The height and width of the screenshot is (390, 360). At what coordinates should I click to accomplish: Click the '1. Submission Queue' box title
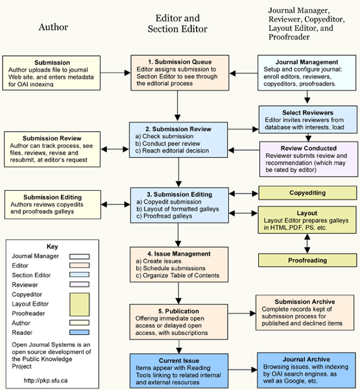[180, 62]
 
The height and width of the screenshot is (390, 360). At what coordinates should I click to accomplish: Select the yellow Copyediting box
[307, 193]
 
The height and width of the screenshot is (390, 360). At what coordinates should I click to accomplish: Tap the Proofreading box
[307, 260]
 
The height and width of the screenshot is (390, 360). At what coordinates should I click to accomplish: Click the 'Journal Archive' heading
[306, 360]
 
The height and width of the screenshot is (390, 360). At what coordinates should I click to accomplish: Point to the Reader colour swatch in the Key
[79, 332]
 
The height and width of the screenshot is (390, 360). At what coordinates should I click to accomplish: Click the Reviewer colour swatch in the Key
[79, 284]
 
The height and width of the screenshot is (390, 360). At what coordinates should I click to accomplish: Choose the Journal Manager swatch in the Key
[79, 256]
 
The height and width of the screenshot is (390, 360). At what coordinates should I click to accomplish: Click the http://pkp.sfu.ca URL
[45, 380]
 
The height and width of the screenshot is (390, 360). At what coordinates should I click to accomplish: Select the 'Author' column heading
[53, 27]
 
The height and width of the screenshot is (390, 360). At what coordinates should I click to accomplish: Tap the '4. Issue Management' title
[179, 254]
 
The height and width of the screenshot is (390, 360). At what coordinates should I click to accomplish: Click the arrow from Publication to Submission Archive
[242, 313]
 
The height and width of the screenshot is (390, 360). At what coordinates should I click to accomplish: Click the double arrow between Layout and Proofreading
[307, 243]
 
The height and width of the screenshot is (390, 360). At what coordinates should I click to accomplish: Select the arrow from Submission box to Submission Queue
[115, 73]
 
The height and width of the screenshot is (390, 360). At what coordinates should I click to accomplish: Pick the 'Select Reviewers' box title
[308, 113]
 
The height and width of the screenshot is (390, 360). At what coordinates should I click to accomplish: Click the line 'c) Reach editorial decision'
[172, 151]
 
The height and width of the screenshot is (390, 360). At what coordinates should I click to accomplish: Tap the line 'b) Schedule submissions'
[171, 268]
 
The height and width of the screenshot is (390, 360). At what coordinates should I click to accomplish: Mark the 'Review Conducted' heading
[309, 148]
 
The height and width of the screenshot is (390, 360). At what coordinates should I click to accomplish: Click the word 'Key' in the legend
[52, 247]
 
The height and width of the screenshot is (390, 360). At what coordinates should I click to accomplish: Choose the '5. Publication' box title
[178, 311]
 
